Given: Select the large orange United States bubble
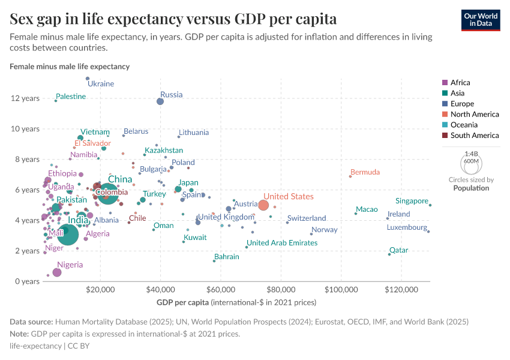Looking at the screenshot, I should pyautogui.click(x=263, y=206).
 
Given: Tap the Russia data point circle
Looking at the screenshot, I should pyautogui.click(x=160, y=101).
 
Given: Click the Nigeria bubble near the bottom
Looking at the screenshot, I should pyautogui.click(x=57, y=272).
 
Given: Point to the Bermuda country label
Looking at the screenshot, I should pyautogui.click(x=365, y=172).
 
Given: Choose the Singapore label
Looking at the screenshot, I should pyautogui.click(x=412, y=201).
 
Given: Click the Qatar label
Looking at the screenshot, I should pyautogui.click(x=398, y=250).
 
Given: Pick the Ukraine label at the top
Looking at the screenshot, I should pyautogui.click(x=101, y=84).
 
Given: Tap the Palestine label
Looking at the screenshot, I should pyautogui.click(x=71, y=97).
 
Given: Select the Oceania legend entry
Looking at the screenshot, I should pyautogui.click(x=466, y=125).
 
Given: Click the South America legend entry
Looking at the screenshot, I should pyautogui.click(x=474, y=136).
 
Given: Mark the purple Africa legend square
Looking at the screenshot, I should pyautogui.click(x=445, y=83).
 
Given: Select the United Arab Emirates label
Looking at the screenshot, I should pyautogui.click(x=282, y=243).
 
